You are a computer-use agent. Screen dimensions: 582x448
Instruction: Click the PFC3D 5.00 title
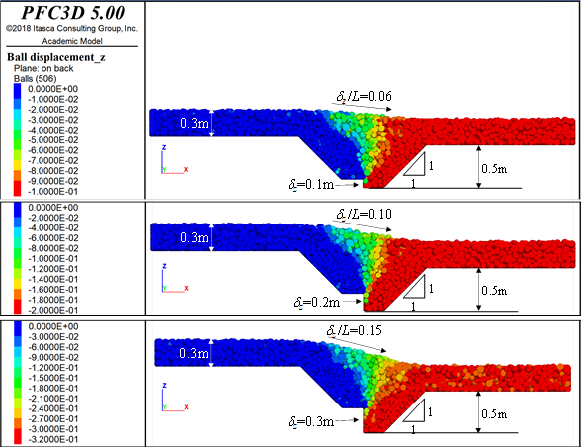[x=73, y=13]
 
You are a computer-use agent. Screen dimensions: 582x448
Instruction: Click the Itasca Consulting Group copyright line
[x=71, y=29]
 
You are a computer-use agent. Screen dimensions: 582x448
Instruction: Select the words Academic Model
[x=72, y=41]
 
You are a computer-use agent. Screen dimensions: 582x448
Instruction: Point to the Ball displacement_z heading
[x=56, y=57]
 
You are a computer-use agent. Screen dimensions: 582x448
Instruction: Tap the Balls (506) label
[x=36, y=79]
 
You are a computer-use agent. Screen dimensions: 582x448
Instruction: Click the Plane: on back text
[x=43, y=68]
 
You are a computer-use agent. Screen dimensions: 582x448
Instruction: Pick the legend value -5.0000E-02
[x=53, y=140]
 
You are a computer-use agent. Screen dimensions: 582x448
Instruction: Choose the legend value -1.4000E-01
[x=53, y=279]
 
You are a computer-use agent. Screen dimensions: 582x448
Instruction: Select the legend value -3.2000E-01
[x=53, y=439]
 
